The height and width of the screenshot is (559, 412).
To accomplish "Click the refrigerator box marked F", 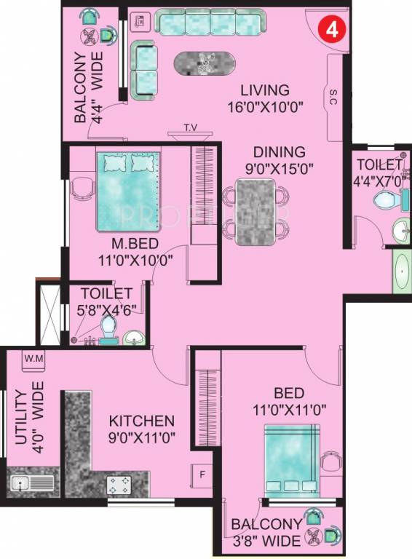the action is tap(202, 475).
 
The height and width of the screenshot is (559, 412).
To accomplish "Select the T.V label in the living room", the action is tap(191, 127).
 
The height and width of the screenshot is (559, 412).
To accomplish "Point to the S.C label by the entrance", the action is tap(333, 96).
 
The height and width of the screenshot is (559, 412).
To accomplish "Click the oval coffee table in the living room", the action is tap(205, 64).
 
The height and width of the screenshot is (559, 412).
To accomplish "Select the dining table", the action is tap(255, 212).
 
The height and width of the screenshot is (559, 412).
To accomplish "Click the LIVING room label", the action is tap(265, 90).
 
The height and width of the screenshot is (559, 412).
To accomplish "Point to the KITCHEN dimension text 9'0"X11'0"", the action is tap(142, 437).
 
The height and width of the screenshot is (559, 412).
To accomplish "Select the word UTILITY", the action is tap(22, 418).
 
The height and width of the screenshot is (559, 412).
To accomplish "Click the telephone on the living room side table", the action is tap(139, 21).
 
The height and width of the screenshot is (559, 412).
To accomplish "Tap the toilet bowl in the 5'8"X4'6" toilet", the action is tap(109, 327).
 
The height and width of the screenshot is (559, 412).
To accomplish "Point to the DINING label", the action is tap(280, 152).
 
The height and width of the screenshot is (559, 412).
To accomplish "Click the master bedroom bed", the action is tap(128, 192).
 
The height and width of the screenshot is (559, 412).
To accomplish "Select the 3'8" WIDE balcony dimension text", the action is tap(266, 542).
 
